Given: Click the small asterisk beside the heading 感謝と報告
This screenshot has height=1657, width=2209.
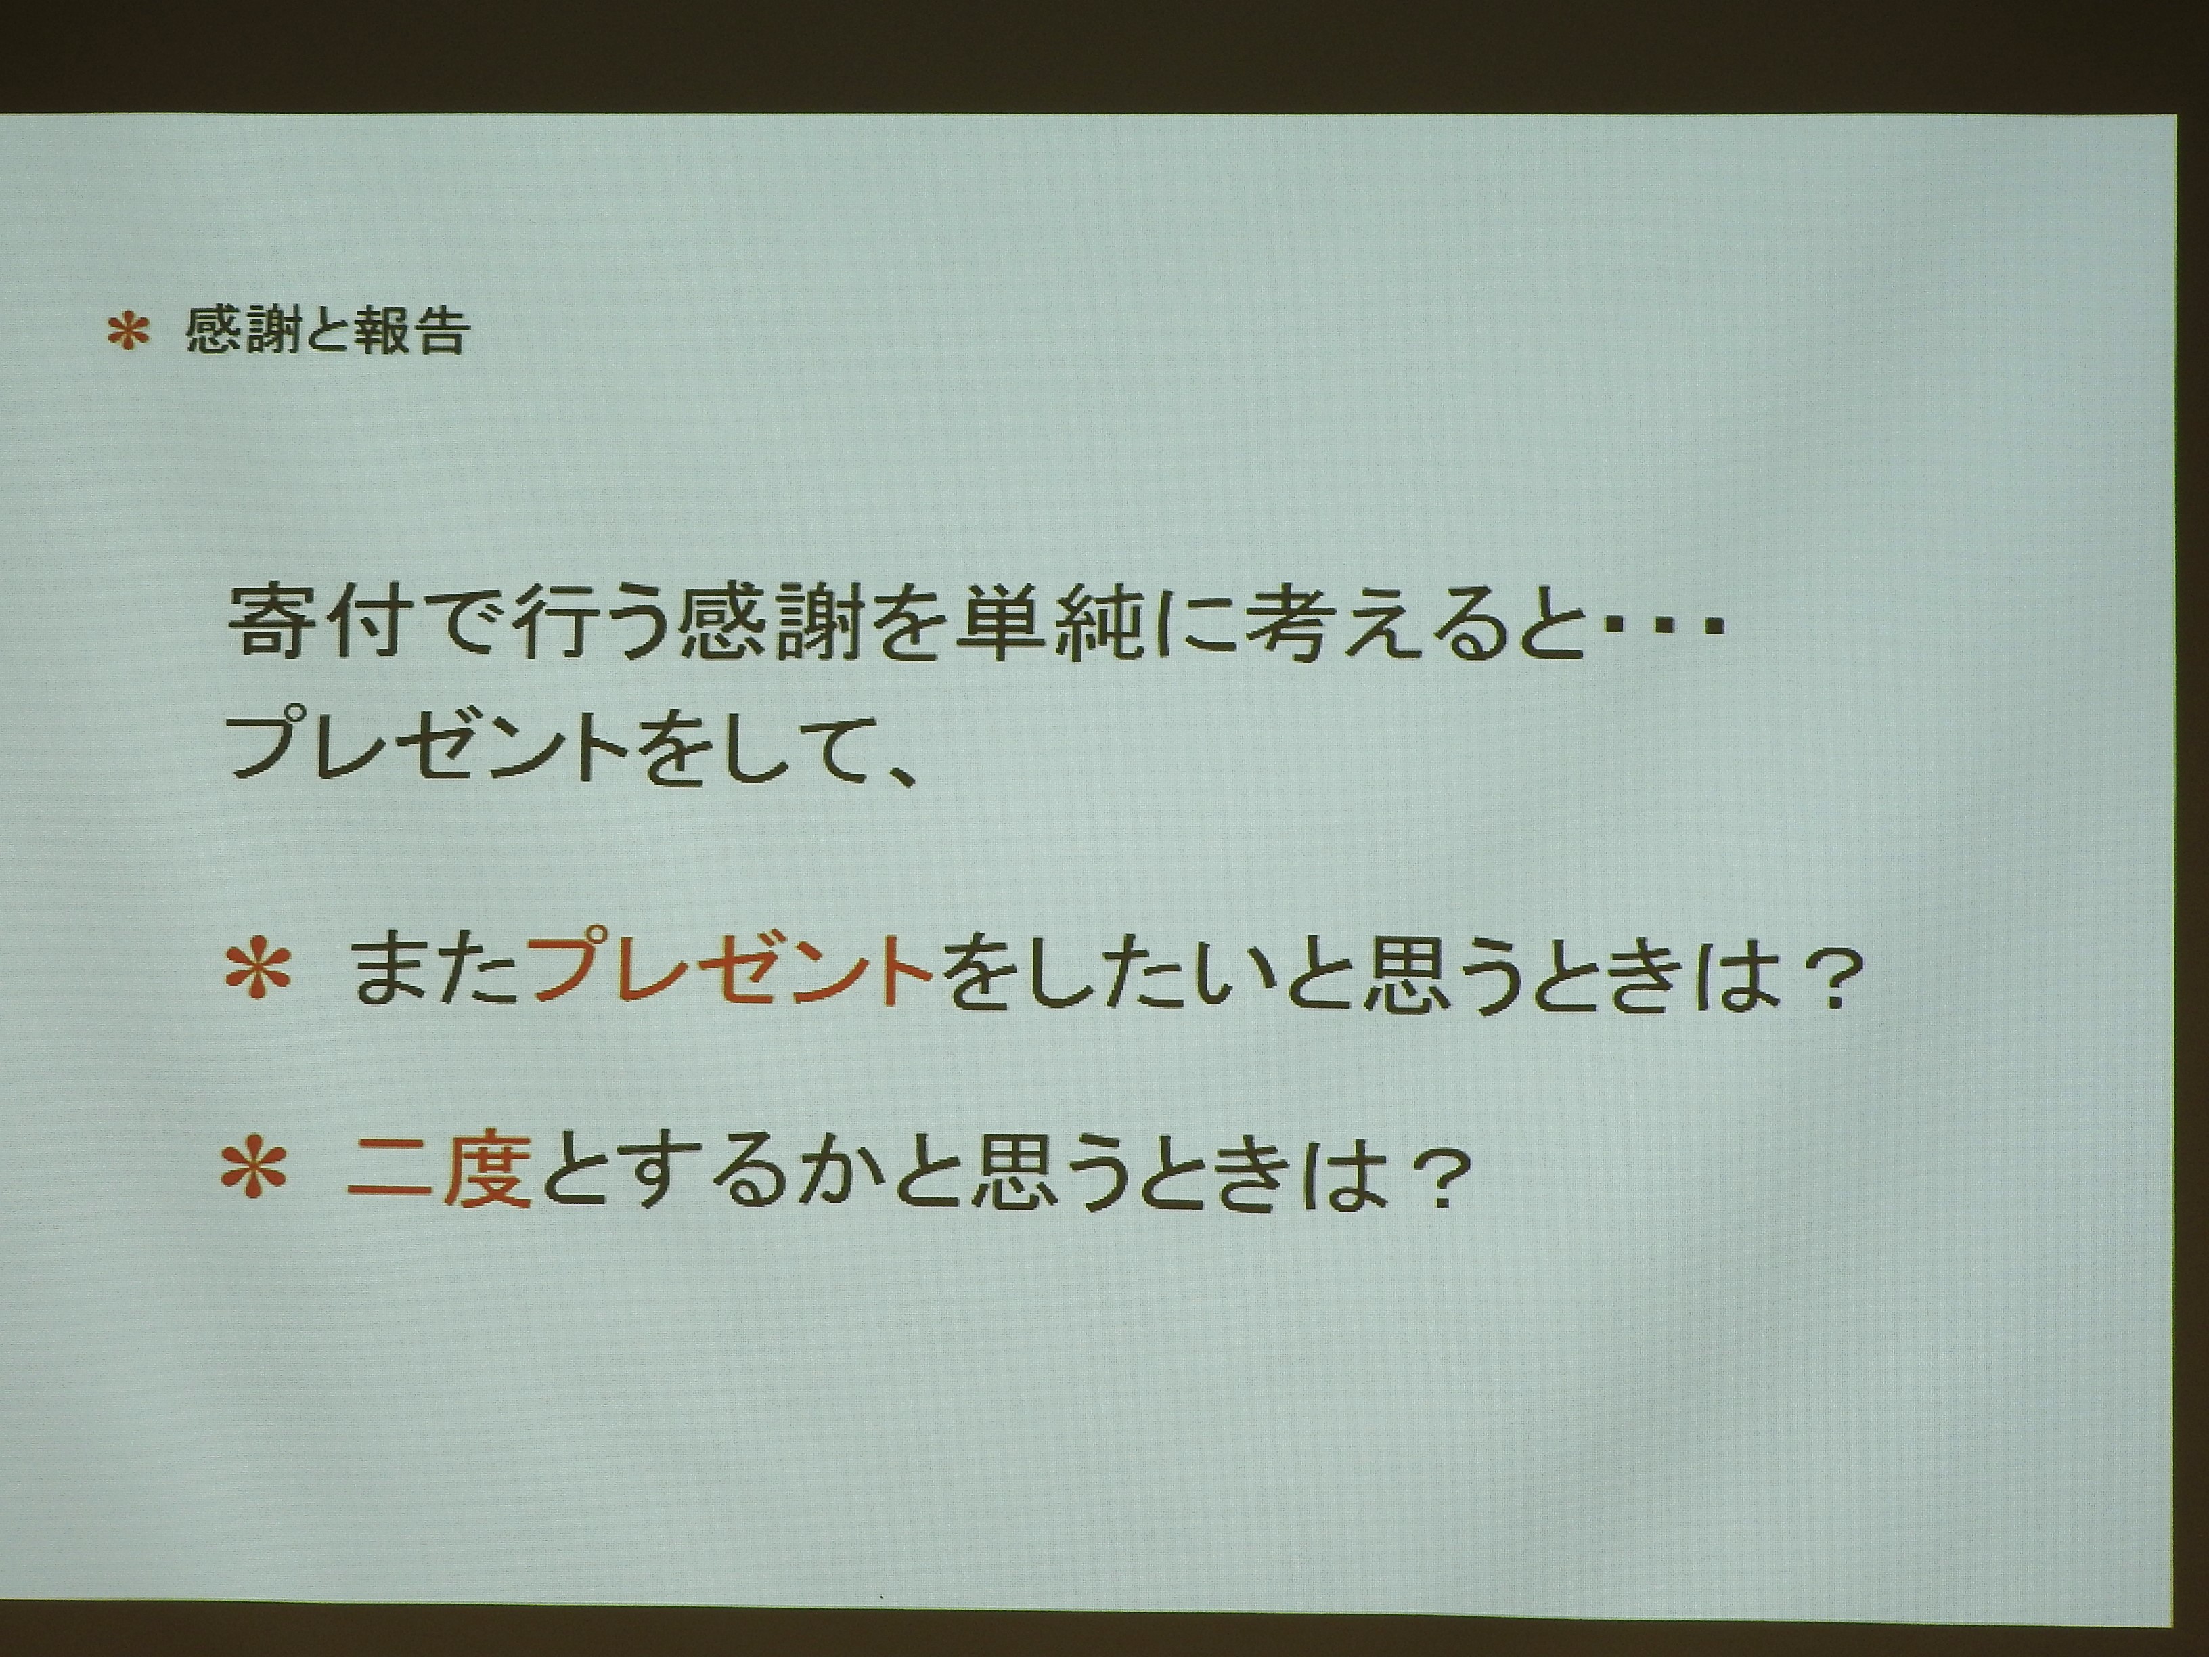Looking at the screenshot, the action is tap(128, 332).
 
